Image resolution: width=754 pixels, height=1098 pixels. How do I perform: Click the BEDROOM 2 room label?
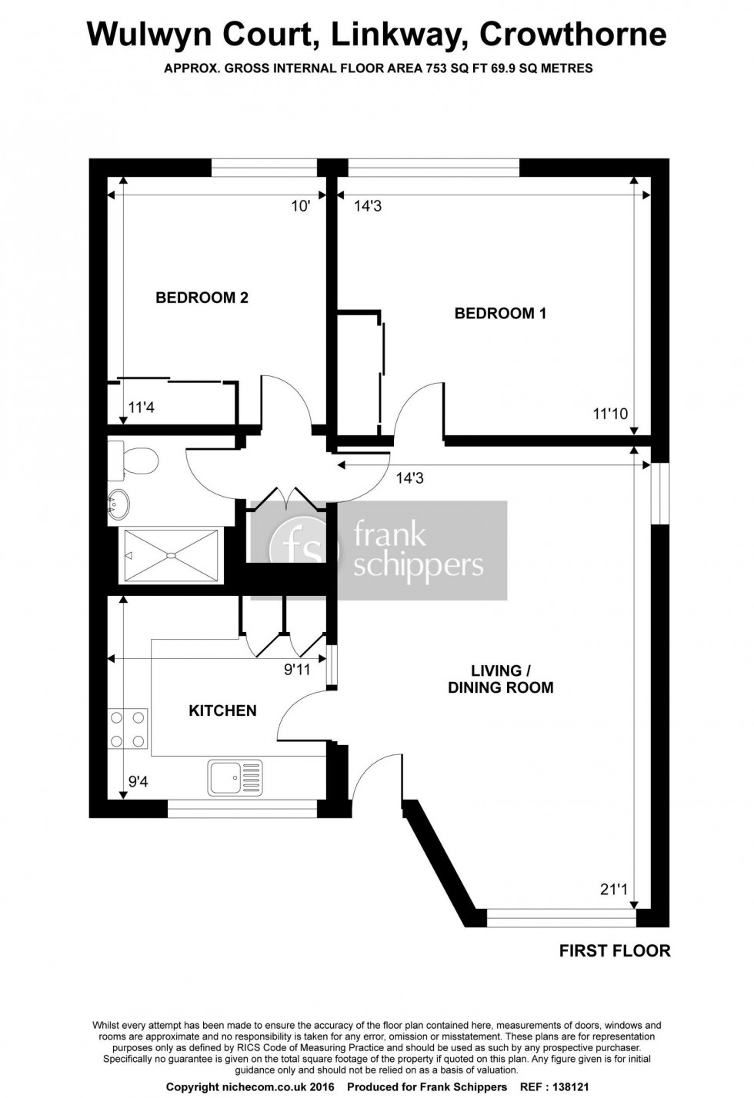[x=202, y=298]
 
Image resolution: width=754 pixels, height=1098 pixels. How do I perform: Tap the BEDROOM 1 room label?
[x=500, y=313]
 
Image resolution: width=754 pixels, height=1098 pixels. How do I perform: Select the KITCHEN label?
[x=222, y=710]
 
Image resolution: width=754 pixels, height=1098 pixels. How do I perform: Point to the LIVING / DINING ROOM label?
[x=501, y=679]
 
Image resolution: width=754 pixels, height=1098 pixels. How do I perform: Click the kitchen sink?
[x=235, y=777]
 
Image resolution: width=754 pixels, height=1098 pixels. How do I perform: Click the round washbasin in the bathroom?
[x=118, y=504]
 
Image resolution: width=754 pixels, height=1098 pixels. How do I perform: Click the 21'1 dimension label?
[x=614, y=890]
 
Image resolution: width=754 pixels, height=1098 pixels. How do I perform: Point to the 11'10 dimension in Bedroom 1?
[x=610, y=414]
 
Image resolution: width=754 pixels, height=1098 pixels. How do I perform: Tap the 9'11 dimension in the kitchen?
[x=297, y=670]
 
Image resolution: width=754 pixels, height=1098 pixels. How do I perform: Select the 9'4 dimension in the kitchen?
[x=138, y=783]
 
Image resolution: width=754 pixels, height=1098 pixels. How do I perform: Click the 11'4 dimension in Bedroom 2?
[x=142, y=408]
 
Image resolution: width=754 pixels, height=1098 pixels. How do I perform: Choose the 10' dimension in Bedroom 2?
[x=300, y=205]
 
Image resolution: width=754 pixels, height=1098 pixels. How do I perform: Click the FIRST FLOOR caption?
[x=614, y=951]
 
